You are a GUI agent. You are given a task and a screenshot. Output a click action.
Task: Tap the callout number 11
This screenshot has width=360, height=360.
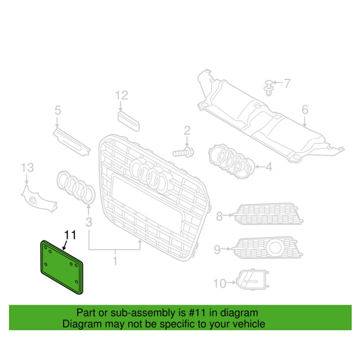point(70,234)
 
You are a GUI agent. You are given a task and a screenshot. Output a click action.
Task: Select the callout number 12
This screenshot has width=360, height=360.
point(121,95)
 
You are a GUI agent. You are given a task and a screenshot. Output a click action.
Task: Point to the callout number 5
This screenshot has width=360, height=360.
point(58,109)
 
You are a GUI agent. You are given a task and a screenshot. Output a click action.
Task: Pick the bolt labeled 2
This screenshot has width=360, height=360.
point(183,153)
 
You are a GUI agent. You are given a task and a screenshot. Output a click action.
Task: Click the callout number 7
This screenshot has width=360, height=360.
point(287,83)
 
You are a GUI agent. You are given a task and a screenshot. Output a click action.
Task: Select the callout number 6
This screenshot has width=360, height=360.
point(305,109)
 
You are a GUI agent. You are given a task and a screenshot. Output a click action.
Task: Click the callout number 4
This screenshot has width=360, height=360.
point(269,167)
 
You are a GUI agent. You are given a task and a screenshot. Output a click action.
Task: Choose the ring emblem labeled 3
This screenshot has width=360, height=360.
point(76,186)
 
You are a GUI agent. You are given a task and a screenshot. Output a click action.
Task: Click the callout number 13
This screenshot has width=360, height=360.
point(27,168)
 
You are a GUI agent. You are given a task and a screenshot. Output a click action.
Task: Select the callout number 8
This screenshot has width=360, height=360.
point(219,216)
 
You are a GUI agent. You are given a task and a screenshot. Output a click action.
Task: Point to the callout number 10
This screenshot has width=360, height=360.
point(219,283)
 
